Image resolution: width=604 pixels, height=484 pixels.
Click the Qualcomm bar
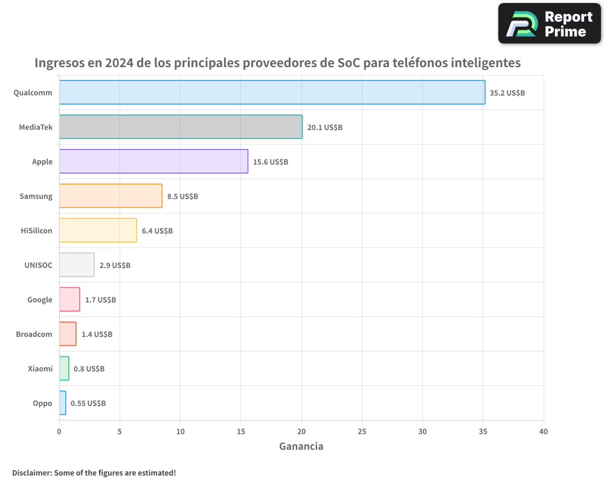click(272, 93)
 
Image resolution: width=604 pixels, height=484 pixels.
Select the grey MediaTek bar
click(181, 127)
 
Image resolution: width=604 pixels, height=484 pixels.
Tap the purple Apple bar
click(153, 162)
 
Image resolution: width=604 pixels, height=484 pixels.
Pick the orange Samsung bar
click(111, 196)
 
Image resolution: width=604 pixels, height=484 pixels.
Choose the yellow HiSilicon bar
click(98, 231)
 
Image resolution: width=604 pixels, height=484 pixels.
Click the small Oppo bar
click(62, 403)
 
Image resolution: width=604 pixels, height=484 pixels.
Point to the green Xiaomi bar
click(64, 368)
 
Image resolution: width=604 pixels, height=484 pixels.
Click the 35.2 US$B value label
click(507, 93)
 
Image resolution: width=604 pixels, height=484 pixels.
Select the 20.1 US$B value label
click(325, 128)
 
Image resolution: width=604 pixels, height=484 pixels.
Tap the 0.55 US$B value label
click(88, 404)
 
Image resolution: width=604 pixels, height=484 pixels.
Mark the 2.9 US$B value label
click(115, 266)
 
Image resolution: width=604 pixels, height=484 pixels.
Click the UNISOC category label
click(38, 266)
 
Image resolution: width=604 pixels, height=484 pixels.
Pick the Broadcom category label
click(34, 335)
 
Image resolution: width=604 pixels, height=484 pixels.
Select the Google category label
click(40, 300)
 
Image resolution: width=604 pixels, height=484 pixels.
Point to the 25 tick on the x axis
click(362, 431)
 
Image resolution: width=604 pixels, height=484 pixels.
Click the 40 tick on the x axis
click(543, 431)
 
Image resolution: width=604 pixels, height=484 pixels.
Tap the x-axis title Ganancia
click(301, 446)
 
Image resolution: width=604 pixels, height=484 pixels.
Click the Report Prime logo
click(549, 24)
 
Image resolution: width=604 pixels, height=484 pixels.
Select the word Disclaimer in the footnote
click(31, 473)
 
